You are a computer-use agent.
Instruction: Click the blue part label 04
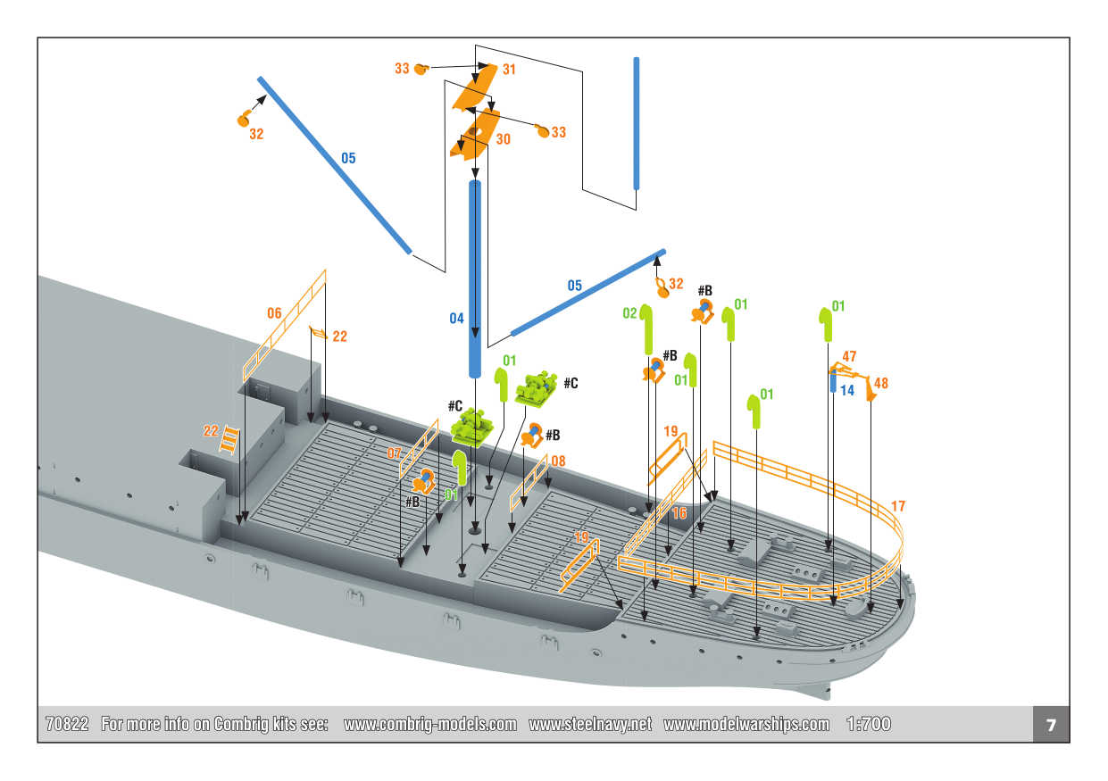pyautogui.click(x=456, y=319)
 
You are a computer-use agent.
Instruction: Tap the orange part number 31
pyautogui.click(x=509, y=69)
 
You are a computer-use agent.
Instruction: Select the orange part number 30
pyautogui.click(x=503, y=139)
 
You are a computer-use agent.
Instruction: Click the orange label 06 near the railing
pyautogui.click(x=274, y=313)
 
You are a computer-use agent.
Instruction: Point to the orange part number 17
pyautogui.click(x=897, y=506)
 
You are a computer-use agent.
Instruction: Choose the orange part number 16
pyautogui.click(x=679, y=513)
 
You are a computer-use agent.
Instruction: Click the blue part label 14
pyautogui.click(x=846, y=391)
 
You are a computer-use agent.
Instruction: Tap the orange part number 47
pyautogui.click(x=849, y=357)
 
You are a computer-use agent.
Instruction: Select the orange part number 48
pyautogui.click(x=880, y=383)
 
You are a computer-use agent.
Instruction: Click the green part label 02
pyautogui.click(x=629, y=313)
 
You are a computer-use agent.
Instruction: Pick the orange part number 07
pyautogui.click(x=394, y=453)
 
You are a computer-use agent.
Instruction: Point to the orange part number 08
pyautogui.click(x=558, y=461)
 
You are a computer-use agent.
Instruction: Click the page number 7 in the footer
pyautogui.click(x=1051, y=725)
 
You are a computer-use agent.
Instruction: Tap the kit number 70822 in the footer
pyautogui.click(x=67, y=724)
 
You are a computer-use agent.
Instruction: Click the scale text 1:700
pyautogui.click(x=868, y=724)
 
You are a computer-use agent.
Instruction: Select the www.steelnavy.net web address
pyautogui.click(x=590, y=724)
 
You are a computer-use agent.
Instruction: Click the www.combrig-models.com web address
pyautogui.click(x=429, y=724)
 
